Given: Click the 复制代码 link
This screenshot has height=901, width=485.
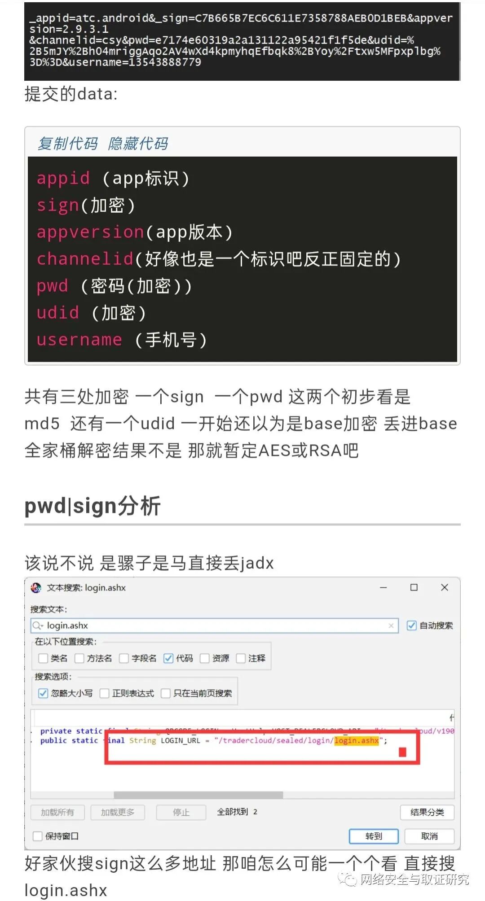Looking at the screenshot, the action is coord(68,144).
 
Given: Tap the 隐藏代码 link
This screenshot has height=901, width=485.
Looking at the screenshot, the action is coord(138,144).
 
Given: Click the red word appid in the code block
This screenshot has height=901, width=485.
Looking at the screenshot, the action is coord(63,178).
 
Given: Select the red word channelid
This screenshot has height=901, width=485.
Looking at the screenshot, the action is coord(85,259).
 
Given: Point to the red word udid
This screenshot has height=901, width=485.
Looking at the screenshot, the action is coord(58,313).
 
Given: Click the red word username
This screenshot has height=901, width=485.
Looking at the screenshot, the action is coord(79,340).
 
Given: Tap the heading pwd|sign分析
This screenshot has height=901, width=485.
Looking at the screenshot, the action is coord(93,506).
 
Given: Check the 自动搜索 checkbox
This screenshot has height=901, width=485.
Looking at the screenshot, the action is coord(411,625).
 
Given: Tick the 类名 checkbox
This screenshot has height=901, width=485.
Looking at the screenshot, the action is coord(43,658).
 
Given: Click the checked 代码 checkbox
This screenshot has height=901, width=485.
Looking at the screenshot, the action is coord(168,658).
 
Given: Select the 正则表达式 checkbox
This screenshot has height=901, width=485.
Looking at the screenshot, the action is coord(105,693).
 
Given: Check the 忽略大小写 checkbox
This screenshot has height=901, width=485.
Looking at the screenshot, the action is coord(43,693).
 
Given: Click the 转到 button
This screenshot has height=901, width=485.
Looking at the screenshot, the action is coord(374,836).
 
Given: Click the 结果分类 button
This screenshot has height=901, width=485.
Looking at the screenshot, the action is coord(427,812).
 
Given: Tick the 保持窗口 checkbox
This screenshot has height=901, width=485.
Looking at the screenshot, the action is coord(38,836).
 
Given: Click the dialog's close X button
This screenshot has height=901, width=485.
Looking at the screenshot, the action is coord(445,587).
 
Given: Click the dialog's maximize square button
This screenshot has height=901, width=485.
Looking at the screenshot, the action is coord(414,587).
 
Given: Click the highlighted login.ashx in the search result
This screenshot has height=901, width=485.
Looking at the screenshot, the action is coord(357,740).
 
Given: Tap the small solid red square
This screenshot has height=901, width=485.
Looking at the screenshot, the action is coord(402,752).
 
